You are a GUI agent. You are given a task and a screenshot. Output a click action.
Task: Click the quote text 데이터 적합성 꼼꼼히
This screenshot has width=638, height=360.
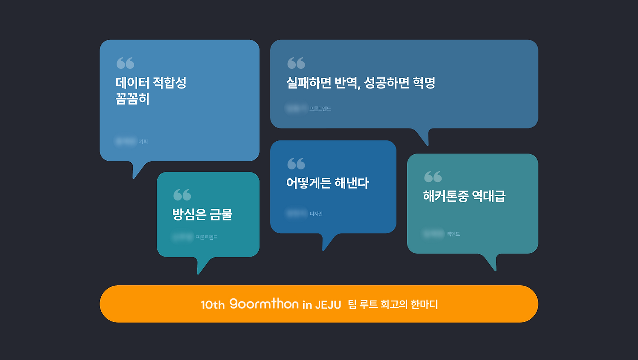pyautogui.click(x=151, y=91)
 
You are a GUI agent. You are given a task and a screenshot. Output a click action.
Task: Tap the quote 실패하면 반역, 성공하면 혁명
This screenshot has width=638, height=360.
pyautogui.click(x=360, y=83)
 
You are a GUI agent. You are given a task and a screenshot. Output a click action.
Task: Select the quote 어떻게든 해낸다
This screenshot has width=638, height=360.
pyautogui.click(x=327, y=183)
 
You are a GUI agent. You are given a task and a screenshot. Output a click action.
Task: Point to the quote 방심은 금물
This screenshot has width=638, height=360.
pyautogui.click(x=202, y=215)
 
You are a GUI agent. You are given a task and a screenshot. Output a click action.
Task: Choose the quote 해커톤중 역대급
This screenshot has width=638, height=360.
pyautogui.click(x=464, y=196)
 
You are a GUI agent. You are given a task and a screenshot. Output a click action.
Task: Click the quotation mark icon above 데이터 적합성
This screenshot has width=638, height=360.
pyautogui.click(x=125, y=63)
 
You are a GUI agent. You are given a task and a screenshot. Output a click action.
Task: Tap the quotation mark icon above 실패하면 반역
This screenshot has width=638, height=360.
pyautogui.click(x=296, y=63)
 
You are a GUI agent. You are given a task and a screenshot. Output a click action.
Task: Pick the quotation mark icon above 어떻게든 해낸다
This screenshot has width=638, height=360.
pyautogui.click(x=296, y=164)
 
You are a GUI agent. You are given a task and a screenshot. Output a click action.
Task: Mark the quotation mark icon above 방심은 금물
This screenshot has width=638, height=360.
pyautogui.click(x=182, y=195)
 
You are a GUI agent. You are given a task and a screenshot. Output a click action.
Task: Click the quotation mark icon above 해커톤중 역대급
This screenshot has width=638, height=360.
pyautogui.click(x=433, y=177)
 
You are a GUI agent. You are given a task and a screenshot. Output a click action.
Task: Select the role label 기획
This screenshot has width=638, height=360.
pyautogui.click(x=143, y=142)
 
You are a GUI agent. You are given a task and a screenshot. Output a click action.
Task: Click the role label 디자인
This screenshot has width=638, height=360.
pyautogui.click(x=317, y=214)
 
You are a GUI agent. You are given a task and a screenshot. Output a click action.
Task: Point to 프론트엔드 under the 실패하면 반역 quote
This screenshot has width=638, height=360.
pyautogui.click(x=320, y=109)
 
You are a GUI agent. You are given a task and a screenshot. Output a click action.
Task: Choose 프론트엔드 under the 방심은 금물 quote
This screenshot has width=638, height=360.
pyautogui.click(x=206, y=238)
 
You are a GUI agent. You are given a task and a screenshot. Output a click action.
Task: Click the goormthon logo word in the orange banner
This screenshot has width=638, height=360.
pyautogui.click(x=264, y=304)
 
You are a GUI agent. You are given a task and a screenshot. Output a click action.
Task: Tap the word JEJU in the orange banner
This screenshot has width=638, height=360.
pyautogui.click(x=327, y=305)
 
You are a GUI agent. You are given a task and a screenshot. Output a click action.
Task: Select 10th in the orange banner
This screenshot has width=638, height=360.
pyautogui.click(x=213, y=305)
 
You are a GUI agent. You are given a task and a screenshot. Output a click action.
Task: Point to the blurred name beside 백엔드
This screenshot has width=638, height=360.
pyautogui.click(x=433, y=234)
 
